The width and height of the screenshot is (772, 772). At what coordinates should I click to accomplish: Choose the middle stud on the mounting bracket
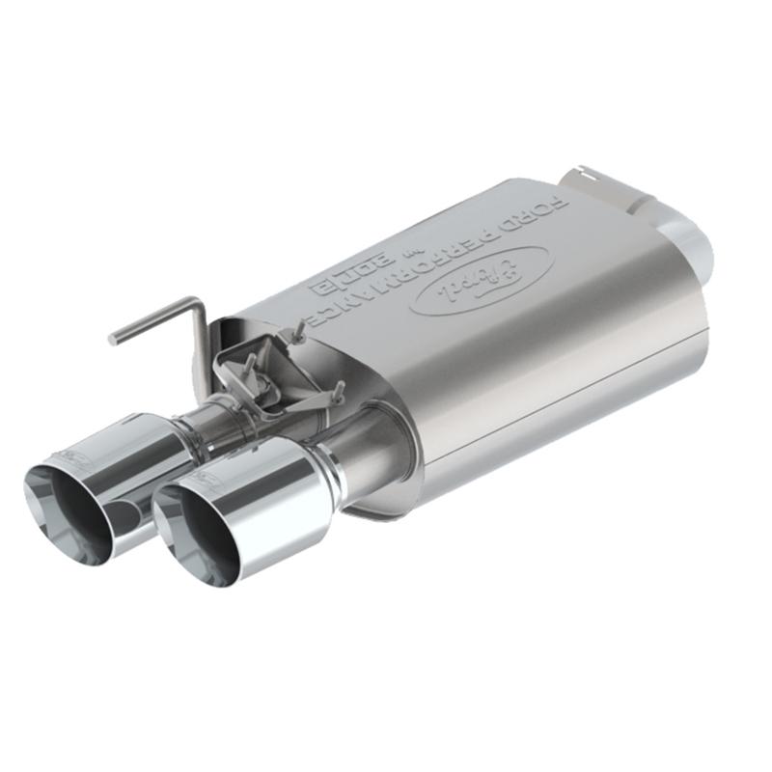(x=253, y=367)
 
